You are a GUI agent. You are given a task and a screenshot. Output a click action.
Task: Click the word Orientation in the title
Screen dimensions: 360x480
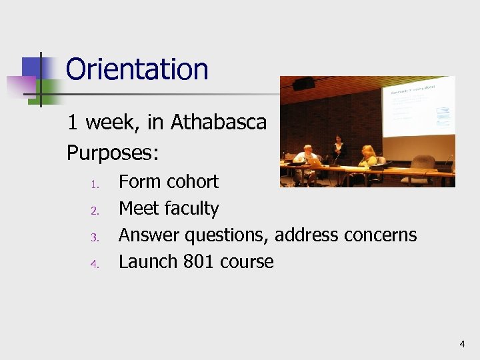pyautogui.click(x=137, y=69)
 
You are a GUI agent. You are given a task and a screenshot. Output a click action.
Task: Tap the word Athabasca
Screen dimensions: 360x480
pyautogui.click(x=219, y=123)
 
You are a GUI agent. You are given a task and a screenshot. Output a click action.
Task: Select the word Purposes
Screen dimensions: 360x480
pyautogui.click(x=111, y=154)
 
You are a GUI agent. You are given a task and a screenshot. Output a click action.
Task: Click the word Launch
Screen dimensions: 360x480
pyautogui.click(x=147, y=261)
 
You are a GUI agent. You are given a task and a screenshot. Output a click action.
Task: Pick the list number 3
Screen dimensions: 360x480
pyautogui.click(x=95, y=237)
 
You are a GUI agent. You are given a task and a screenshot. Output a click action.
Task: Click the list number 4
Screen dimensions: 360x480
pyautogui.click(x=95, y=263)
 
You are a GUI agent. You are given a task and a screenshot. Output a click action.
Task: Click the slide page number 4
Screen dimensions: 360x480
pyautogui.click(x=462, y=344)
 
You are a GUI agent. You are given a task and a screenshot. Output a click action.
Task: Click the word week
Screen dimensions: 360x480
pyautogui.click(x=113, y=123)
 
